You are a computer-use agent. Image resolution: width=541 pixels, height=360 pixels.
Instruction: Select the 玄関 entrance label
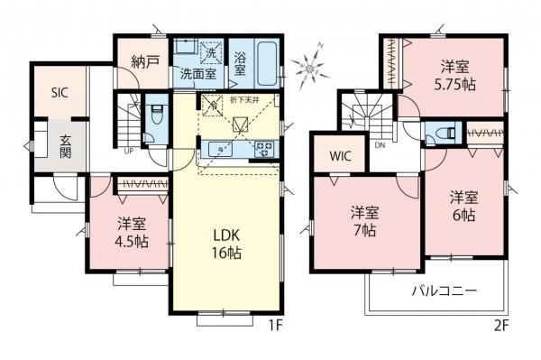click(67, 147)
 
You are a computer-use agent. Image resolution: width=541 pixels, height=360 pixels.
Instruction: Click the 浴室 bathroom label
click(242, 64)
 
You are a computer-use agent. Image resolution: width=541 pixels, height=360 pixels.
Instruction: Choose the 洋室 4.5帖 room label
click(132, 232)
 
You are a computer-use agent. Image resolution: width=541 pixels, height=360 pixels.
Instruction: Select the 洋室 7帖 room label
click(364, 222)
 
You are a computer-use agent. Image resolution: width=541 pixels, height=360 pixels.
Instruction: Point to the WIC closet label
click(340, 155)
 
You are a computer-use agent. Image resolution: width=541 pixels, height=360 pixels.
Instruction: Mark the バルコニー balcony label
click(445, 291)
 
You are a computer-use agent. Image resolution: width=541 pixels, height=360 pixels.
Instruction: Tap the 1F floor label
click(274, 327)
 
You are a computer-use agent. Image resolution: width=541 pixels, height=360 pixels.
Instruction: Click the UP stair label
click(130, 150)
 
